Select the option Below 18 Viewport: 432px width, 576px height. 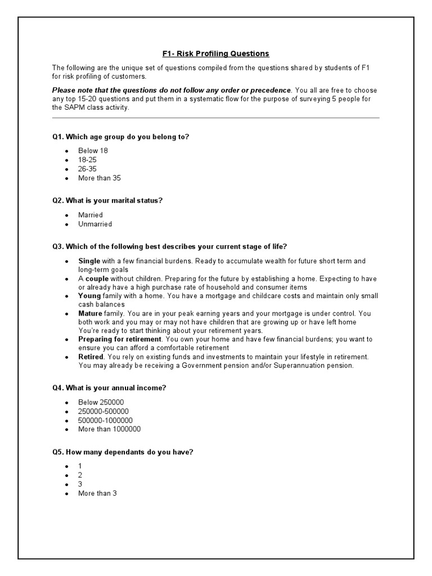[x=93, y=151]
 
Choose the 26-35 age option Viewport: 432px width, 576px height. [x=87, y=169]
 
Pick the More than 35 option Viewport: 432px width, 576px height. [x=100, y=178]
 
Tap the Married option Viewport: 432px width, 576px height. [x=91, y=215]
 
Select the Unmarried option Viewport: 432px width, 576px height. [x=95, y=224]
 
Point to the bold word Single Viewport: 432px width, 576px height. [x=89, y=261]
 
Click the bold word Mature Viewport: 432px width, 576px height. [x=91, y=313]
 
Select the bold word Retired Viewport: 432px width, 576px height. [x=91, y=357]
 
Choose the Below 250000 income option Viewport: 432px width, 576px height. [x=101, y=402]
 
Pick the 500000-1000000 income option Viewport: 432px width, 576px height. [x=106, y=420]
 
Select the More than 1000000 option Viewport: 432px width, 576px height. [x=109, y=429]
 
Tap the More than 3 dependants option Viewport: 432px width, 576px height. [x=97, y=493]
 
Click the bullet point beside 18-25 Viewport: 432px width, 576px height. [x=66, y=160]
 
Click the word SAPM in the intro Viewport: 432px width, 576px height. [x=74, y=107]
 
